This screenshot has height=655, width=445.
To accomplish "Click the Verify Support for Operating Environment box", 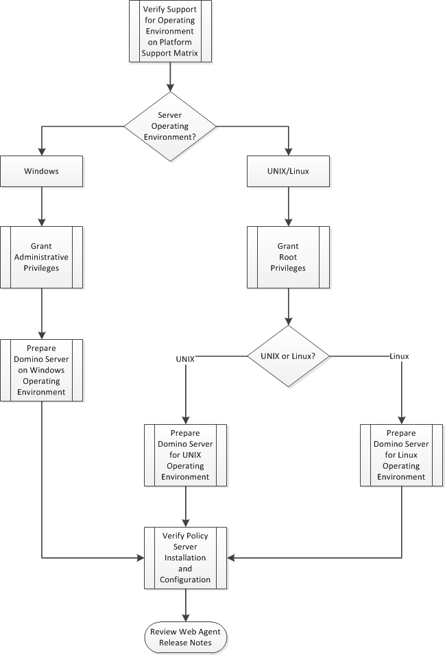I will [169, 32].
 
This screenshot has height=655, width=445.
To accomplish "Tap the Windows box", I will [42, 171].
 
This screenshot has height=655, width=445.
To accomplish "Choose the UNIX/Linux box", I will [288, 171].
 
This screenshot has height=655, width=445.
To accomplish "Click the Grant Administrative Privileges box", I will [42, 257].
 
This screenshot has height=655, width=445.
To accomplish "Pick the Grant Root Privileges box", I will [288, 257].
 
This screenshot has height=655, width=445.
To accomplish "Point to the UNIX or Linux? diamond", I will [288, 356].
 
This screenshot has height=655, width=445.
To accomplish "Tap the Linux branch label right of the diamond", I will [399, 356].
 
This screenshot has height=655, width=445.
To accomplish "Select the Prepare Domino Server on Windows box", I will [42, 370].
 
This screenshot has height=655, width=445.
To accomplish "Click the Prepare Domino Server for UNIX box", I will [185, 455].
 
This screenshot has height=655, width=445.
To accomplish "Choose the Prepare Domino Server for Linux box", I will [401, 455].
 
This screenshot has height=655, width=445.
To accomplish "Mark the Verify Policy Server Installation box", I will [185, 557].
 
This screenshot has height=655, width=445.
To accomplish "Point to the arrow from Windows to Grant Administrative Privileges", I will [42, 206].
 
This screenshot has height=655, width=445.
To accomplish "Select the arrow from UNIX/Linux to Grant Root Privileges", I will [288, 206].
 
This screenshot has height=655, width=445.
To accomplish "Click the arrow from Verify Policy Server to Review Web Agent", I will [185, 604].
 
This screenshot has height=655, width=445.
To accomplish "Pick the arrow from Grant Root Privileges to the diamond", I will [288, 305].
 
